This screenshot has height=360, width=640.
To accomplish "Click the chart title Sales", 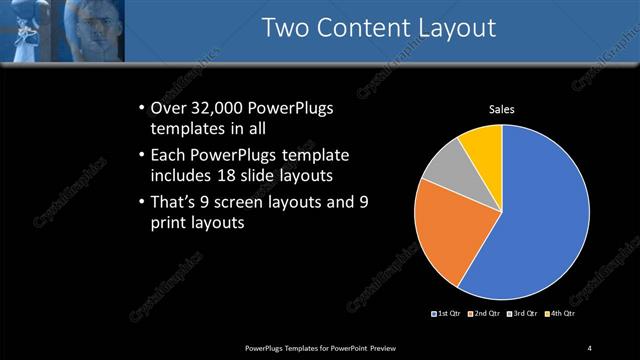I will pyautogui.click(x=501, y=110).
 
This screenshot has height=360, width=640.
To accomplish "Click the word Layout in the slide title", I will pyautogui.click(x=456, y=28).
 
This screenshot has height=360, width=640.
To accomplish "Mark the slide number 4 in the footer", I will pyautogui.click(x=589, y=347).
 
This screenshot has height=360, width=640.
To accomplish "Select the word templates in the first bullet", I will pyautogui.click(x=183, y=129).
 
